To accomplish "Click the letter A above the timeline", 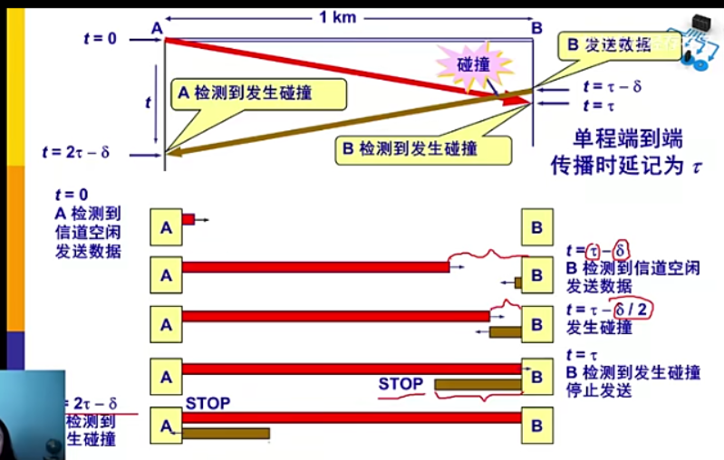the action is [156, 28].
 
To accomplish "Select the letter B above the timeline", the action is [536, 28].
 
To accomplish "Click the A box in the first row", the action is [166, 227].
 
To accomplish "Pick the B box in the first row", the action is [537, 227].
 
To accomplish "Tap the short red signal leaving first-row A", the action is [188, 219].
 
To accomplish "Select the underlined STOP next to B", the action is [401, 384].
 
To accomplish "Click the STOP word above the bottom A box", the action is [208, 403].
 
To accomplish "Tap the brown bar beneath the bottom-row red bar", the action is [226, 434].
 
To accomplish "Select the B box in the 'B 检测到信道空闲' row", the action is [537, 273].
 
